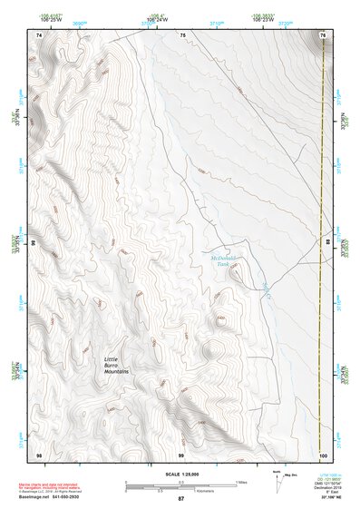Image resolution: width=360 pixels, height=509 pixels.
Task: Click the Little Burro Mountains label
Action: (117, 365)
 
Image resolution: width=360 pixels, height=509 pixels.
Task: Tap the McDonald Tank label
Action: (222, 260)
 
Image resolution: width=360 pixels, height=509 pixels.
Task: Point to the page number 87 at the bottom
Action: (181, 499)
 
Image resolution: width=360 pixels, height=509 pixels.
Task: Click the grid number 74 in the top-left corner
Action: (38, 34)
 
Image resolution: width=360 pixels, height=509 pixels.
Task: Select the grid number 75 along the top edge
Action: (182, 34)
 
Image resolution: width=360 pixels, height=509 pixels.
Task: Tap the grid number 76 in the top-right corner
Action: (323, 34)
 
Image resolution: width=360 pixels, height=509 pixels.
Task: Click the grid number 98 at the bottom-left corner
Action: (38, 453)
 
